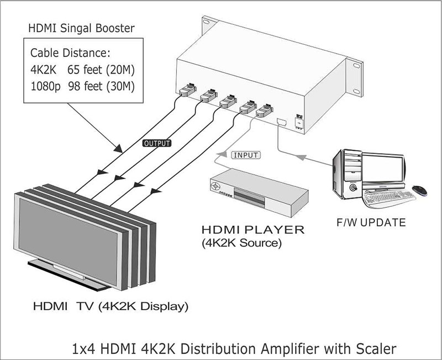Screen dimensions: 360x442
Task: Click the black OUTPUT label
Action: click(x=157, y=143)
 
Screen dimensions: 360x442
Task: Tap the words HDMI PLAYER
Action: click(x=253, y=229)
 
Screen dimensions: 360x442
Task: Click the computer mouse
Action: click(x=420, y=190)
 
